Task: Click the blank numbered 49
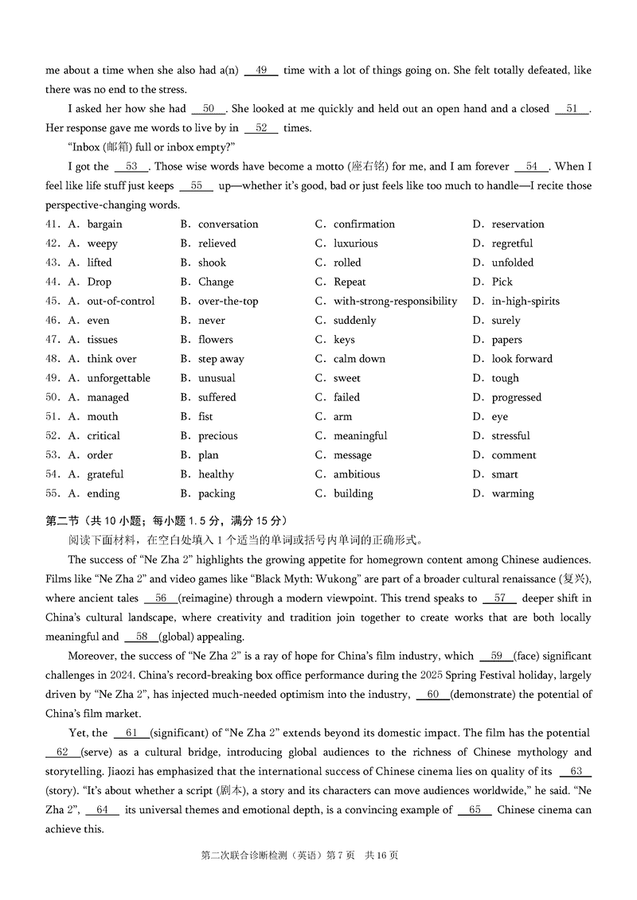point(261,70)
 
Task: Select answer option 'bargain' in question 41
point(104,224)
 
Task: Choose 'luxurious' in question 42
point(355,244)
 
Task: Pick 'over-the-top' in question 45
point(228,302)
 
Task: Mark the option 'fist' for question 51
point(205,417)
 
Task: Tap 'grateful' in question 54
point(105,474)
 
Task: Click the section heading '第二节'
point(64,521)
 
